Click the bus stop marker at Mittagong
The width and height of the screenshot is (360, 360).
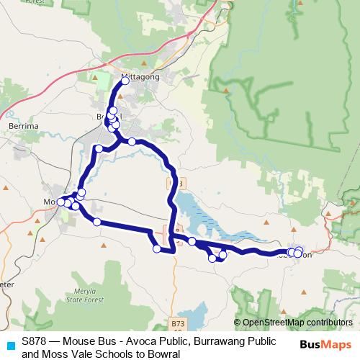125,81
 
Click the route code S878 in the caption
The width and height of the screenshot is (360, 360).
35,342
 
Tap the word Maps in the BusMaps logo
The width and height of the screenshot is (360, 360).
336,344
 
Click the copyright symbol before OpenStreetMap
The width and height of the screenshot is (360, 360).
238,323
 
